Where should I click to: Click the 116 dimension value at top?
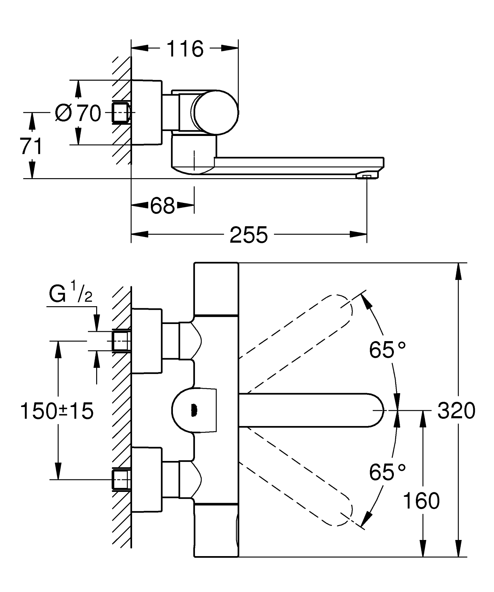(x=185, y=49)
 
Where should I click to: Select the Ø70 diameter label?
(x=78, y=113)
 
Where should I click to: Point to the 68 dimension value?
(x=162, y=206)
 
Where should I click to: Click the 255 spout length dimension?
(x=249, y=235)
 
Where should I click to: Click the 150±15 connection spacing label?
(x=57, y=411)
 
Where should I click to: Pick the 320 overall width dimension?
(x=456, y=411)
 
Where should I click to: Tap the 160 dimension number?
(x=421, y=501)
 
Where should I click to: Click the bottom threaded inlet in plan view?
(x=121, y=479)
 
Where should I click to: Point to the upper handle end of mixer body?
(x=216, y=288)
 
